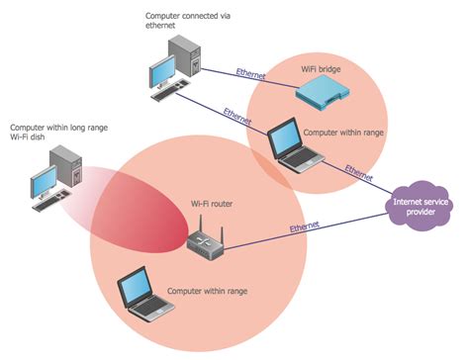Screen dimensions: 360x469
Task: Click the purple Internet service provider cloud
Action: tap(418, 208)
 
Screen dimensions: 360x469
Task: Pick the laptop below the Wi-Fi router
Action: tap(140, 294)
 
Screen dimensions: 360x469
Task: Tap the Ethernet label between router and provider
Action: tap(305, 227)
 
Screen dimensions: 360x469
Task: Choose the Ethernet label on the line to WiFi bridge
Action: tap(251, 71)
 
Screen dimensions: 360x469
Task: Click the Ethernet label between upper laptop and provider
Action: tap(359, 168)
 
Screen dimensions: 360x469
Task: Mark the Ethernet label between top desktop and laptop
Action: tap(238, 114)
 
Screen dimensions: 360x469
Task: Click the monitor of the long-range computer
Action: tap(44, 182)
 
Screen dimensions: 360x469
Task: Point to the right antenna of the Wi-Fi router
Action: tap(221, 234)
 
